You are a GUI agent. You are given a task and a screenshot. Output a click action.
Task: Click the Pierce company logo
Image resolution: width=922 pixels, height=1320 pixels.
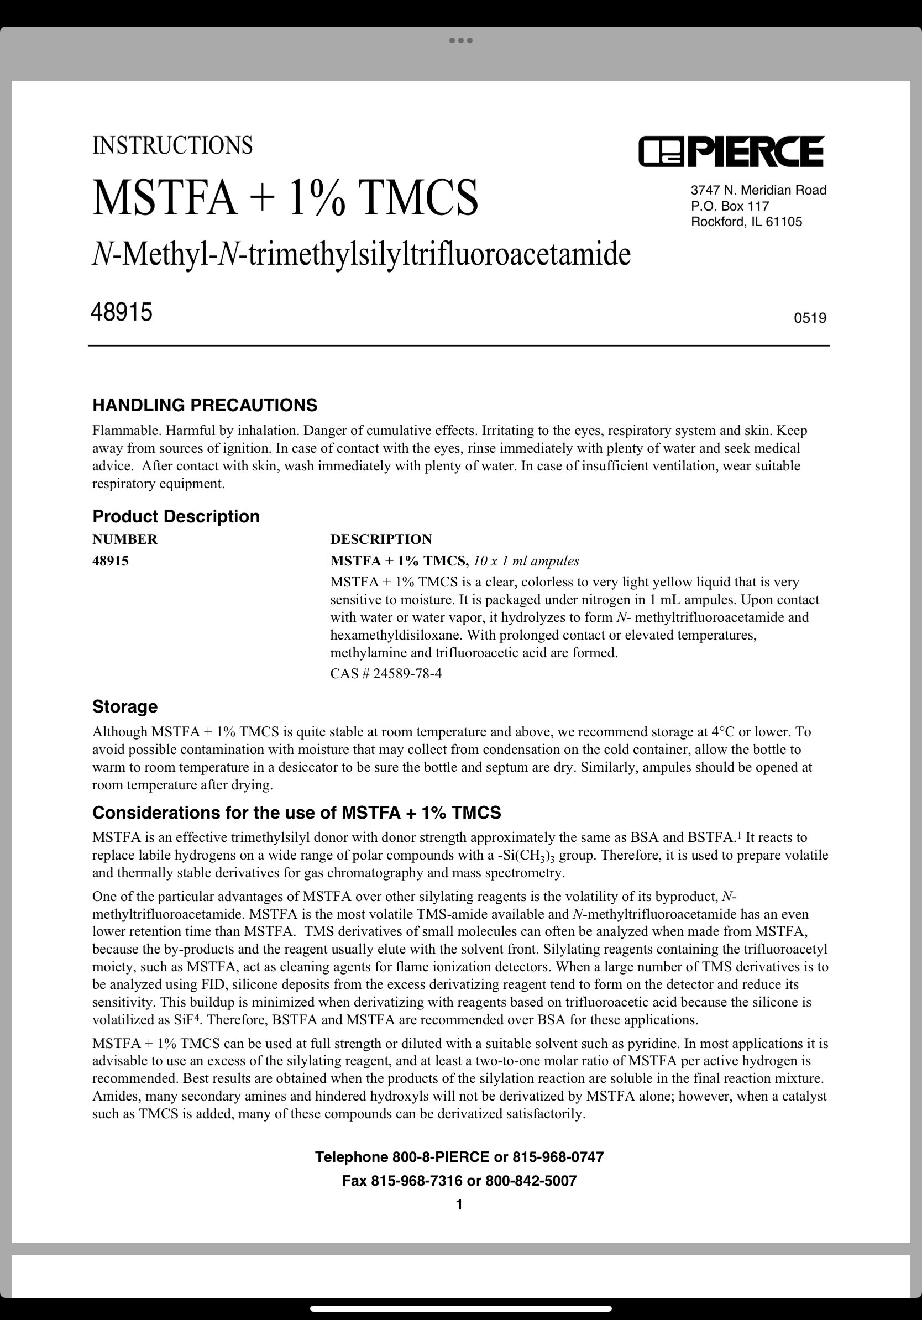(731, 151)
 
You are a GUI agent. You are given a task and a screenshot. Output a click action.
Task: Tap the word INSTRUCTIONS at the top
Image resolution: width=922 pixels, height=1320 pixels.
(172, 145)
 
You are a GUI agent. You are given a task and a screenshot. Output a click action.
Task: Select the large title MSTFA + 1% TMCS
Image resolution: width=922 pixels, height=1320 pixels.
(285, 197)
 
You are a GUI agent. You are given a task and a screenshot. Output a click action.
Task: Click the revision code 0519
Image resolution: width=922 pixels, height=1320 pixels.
(809, 318)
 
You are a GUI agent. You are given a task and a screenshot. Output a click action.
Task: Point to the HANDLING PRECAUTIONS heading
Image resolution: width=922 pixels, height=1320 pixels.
(205, 405)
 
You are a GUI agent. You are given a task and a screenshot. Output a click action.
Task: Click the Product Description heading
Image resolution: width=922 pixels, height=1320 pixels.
(176, 516)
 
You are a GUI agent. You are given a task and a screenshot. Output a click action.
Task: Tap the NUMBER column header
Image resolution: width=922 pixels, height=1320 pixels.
(125, 539)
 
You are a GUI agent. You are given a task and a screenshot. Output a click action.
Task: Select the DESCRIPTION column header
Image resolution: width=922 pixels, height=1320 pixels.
(380, 539)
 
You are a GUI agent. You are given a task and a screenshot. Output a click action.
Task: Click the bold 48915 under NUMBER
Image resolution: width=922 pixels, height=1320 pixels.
(111, 561)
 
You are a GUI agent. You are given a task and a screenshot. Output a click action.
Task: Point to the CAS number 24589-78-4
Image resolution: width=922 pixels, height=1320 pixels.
(407, 673)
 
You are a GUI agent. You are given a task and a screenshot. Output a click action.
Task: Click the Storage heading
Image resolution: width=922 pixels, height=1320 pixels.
(125, 706)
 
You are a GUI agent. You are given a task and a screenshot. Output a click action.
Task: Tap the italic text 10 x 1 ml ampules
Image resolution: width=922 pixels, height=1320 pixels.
(526, 561)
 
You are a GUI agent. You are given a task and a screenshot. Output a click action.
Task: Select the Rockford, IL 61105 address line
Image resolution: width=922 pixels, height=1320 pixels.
(746, 222)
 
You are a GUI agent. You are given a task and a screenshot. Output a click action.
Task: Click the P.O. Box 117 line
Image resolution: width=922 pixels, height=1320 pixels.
(730, 206)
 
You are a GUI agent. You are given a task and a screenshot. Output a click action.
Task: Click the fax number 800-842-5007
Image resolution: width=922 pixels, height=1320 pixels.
(531, 1181)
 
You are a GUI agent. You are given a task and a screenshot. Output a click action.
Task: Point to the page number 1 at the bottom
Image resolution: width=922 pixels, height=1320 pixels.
(459, 1204)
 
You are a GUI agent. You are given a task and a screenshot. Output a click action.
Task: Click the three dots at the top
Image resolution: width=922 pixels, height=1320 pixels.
(460, 40)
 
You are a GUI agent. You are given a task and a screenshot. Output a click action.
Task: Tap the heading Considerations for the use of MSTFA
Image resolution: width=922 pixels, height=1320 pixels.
(297, 813)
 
